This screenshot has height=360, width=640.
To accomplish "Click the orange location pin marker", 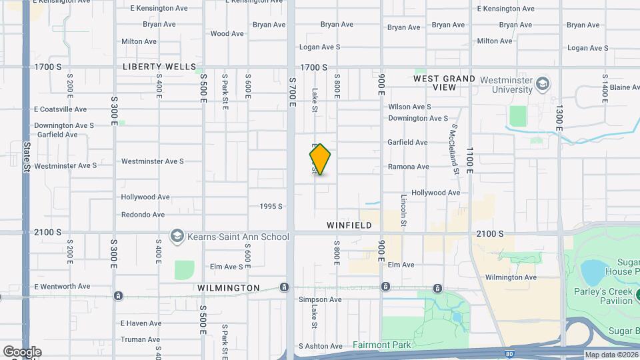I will click(x=320, y=159).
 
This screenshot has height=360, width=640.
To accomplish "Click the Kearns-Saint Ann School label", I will click(x=238, y=237).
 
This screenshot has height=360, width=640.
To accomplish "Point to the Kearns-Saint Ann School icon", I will click(x=177, y=236).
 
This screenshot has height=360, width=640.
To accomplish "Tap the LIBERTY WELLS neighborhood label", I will click(x=159, y=67).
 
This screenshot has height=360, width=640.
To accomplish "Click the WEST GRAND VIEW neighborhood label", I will click(x=445, y=83).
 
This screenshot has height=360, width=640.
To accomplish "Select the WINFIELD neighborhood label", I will click(x=349, y=225).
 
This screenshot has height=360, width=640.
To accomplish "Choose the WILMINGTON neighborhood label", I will click(x=229, y=288).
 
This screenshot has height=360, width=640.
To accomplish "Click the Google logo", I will click(x=22, y=352).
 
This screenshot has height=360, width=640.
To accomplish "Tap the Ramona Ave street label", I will click(x=409, y=167).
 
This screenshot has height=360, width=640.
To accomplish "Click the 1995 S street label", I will click(x=271, y=207).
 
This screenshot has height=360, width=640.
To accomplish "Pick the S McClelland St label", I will click(x=455, y=149).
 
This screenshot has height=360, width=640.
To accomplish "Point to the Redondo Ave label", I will click(x=143, y=215).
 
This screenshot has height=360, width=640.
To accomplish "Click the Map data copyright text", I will click(x=611, y=355).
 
